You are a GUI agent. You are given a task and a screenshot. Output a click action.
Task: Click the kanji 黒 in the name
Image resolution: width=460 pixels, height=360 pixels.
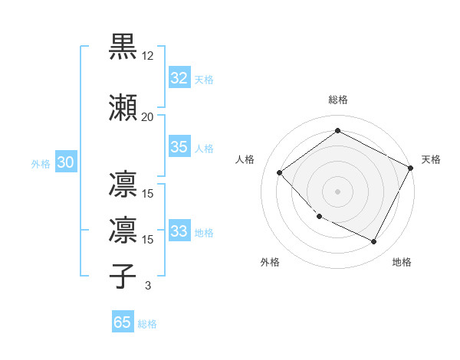click(123, 47)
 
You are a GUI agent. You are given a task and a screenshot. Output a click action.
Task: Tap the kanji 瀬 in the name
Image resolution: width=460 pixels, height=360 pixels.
click(123, 107)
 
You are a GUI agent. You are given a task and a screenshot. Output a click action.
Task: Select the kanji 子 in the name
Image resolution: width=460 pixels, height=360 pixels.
click(123, 276)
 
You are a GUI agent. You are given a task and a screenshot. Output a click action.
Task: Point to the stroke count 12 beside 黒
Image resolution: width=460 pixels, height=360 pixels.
click(148, 56)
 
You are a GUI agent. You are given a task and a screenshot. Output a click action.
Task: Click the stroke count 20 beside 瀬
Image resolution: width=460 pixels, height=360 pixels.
click(148, 116)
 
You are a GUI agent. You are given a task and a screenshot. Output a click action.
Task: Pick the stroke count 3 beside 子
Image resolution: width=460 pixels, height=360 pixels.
click(148, 286)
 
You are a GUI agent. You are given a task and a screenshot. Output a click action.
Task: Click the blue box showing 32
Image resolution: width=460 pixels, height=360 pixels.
click(179, 78)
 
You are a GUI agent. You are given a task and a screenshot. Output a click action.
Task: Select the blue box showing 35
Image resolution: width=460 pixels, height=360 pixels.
click(179, 147)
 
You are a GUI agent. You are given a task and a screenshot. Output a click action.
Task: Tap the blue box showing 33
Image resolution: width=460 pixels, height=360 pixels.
click(179, 231)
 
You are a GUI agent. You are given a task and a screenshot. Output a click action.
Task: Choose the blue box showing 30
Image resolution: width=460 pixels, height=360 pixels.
click(65, 162)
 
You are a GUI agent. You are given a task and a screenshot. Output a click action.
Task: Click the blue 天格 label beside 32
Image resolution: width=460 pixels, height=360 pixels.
click(204, 79)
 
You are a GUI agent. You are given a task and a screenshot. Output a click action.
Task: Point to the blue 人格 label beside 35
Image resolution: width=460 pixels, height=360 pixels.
click(204, 148)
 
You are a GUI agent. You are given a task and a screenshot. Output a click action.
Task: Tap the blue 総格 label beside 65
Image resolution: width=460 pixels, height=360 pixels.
click(147, 323)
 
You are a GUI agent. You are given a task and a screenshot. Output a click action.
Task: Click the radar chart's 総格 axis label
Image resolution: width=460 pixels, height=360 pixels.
click(337, 100)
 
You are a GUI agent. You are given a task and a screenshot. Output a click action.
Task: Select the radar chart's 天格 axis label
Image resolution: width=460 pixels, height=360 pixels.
click(431, 159)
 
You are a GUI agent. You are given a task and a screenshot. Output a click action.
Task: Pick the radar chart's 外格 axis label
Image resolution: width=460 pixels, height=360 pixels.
click(270, 262)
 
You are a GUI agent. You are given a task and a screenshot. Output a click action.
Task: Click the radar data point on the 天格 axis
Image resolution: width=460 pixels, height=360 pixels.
click(411, 169)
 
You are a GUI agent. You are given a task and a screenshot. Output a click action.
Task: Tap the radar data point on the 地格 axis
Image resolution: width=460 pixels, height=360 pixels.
click(374, 242)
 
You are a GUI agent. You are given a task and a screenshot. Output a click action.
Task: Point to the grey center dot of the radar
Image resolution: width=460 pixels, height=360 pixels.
click(337, 191)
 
